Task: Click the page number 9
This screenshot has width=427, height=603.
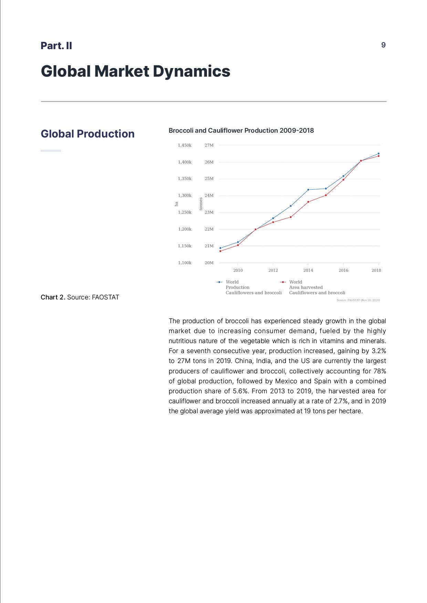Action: tap(383, 45)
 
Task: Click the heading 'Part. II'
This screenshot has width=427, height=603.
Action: tap(56, 46)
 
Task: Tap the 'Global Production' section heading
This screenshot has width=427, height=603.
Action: tap(87, 134)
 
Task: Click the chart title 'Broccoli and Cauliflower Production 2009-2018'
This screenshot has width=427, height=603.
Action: tap(241, 131)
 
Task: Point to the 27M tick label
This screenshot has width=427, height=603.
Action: tap(209, 145)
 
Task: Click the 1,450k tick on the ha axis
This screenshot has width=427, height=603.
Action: tap(185, 145)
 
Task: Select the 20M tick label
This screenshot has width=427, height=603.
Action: tap(209, 263)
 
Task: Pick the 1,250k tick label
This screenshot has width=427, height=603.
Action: tap(185, 212)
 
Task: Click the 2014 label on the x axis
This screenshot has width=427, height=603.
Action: tap(308, 270)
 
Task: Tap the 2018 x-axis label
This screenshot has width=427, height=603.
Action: tap(376, 270)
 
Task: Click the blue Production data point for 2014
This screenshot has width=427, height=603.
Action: tap(308, 190)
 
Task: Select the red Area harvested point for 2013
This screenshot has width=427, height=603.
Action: tap(291, 217)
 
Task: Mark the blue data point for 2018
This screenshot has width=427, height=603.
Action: tap(378, 154)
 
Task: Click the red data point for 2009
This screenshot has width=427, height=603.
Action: tap(220, 251)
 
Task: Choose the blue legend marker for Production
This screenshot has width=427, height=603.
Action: tap(219, 282)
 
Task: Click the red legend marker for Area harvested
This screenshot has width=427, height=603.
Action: tap(283, 282)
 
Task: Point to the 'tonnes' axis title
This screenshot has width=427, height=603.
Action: tap(201, 204)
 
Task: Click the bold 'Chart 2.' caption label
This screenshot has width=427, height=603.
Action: tap(53, 297)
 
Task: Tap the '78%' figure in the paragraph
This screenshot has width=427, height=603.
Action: tap(379, 371)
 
